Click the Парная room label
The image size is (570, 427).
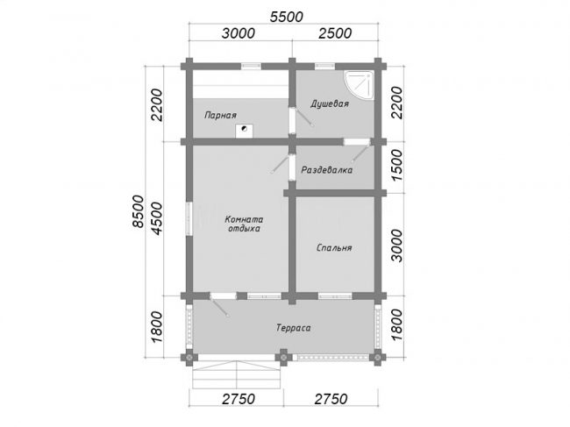pos(220,115)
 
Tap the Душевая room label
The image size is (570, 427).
pos(330,103)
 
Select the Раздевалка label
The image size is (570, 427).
pos(327,170)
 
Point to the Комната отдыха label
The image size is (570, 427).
pos(244,224)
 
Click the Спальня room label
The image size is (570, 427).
pos(334,247)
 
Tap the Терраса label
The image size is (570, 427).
pos(294,328)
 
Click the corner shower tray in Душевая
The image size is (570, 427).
pos(360,86)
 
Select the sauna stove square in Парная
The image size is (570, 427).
pos(245,131)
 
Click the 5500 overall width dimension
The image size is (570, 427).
pos(286,17)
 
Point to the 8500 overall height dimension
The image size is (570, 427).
pos(139,211)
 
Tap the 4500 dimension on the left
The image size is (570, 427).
pos(157,218)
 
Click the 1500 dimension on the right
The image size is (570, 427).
pos(398,166)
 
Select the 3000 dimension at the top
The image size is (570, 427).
pos(239,33)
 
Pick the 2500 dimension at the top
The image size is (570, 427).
pos(335,33)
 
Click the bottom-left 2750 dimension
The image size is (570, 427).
pos(239,399)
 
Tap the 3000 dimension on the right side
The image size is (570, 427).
pos(398,246)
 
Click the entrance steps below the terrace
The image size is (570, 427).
pos(237,375)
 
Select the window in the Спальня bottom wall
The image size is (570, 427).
pos(335,296)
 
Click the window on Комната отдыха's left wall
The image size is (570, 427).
pos(189,218)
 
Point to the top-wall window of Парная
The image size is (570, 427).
pos(252,66)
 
